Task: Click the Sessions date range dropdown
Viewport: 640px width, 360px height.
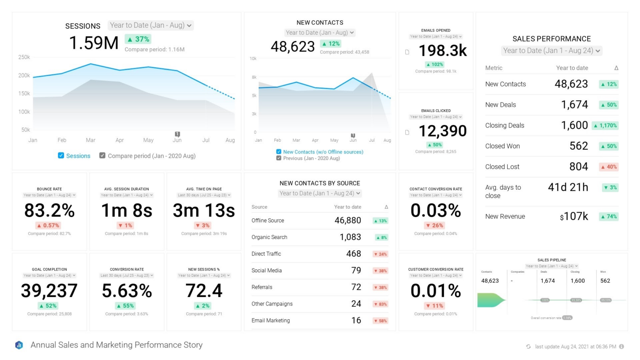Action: [x=150, y=25]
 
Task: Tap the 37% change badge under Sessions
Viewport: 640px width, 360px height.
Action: [x=138, y=39]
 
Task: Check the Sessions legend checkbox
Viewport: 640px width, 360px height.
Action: [x=61, y=156]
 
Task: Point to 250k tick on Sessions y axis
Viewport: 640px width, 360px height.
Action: [x=24, y=57]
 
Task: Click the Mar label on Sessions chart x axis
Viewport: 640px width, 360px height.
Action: [x=90, y=140]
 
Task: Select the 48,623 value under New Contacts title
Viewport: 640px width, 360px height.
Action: [x=293, y=47]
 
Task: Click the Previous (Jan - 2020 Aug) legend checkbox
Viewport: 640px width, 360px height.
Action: [x=279, y=158]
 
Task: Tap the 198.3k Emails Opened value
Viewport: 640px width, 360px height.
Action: [x=442, y=51]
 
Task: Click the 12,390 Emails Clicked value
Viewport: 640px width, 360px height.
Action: [x=442, y=131]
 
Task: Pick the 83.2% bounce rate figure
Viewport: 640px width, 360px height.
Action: [x=49, y=210]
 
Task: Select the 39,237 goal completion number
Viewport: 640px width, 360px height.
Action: [x=49, y=291]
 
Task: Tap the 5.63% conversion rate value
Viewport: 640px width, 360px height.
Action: [x=127, y=291]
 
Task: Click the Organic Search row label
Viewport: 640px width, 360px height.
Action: [x=269, y=237]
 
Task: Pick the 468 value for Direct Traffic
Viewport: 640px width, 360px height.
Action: [x=353, y=254]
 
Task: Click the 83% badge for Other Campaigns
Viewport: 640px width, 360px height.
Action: [x=381, y=304]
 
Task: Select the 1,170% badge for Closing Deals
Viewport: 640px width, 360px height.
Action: [x=605, y=126]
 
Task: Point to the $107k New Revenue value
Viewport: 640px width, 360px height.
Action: [x=574, y=217]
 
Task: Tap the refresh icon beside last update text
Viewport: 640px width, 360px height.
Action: [x=528, y=347]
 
